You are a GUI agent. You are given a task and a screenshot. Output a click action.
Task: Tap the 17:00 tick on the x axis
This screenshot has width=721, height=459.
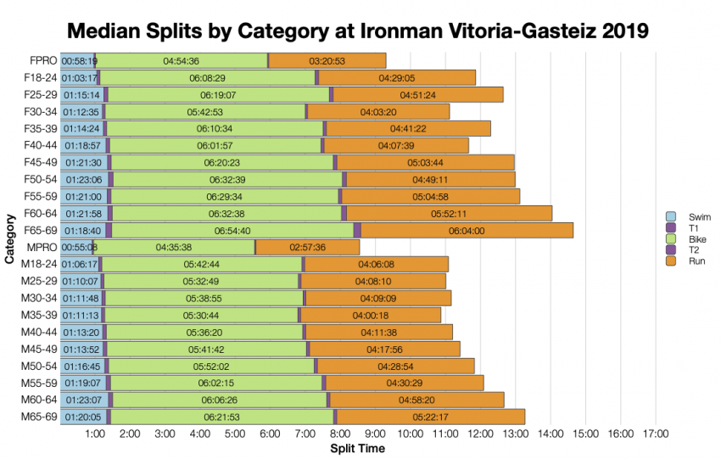pyautogui.click(x=655, y=435)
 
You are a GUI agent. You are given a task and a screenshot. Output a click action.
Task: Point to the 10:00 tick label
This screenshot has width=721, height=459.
pyautogui.click(x=410, y=435)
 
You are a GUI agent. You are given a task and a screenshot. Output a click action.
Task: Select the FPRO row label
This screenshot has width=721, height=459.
pyautogui.click(x=41, y=60)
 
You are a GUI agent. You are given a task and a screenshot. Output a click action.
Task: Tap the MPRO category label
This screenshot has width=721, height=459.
pyautogui.click(x=41, y=247)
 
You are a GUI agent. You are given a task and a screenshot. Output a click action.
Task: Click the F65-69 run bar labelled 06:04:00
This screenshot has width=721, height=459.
pyautogui.click(x=467, y=230)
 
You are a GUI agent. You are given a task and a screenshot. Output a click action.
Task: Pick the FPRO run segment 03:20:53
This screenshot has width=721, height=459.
pyautogui.click(x=327, y=60)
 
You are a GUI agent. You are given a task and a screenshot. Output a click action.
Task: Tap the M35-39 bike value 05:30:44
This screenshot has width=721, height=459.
pyautogui.click(x=202, y=315)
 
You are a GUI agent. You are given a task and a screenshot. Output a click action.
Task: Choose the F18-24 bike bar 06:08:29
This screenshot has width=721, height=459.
pyautogui.click(x=207, y=77)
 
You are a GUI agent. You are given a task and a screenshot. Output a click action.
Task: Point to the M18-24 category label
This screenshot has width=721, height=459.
pyautogui.click(x=39, y=264)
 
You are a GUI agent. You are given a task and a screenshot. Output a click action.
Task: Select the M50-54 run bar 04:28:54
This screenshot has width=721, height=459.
pyautogui.click(x=395, y=366)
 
